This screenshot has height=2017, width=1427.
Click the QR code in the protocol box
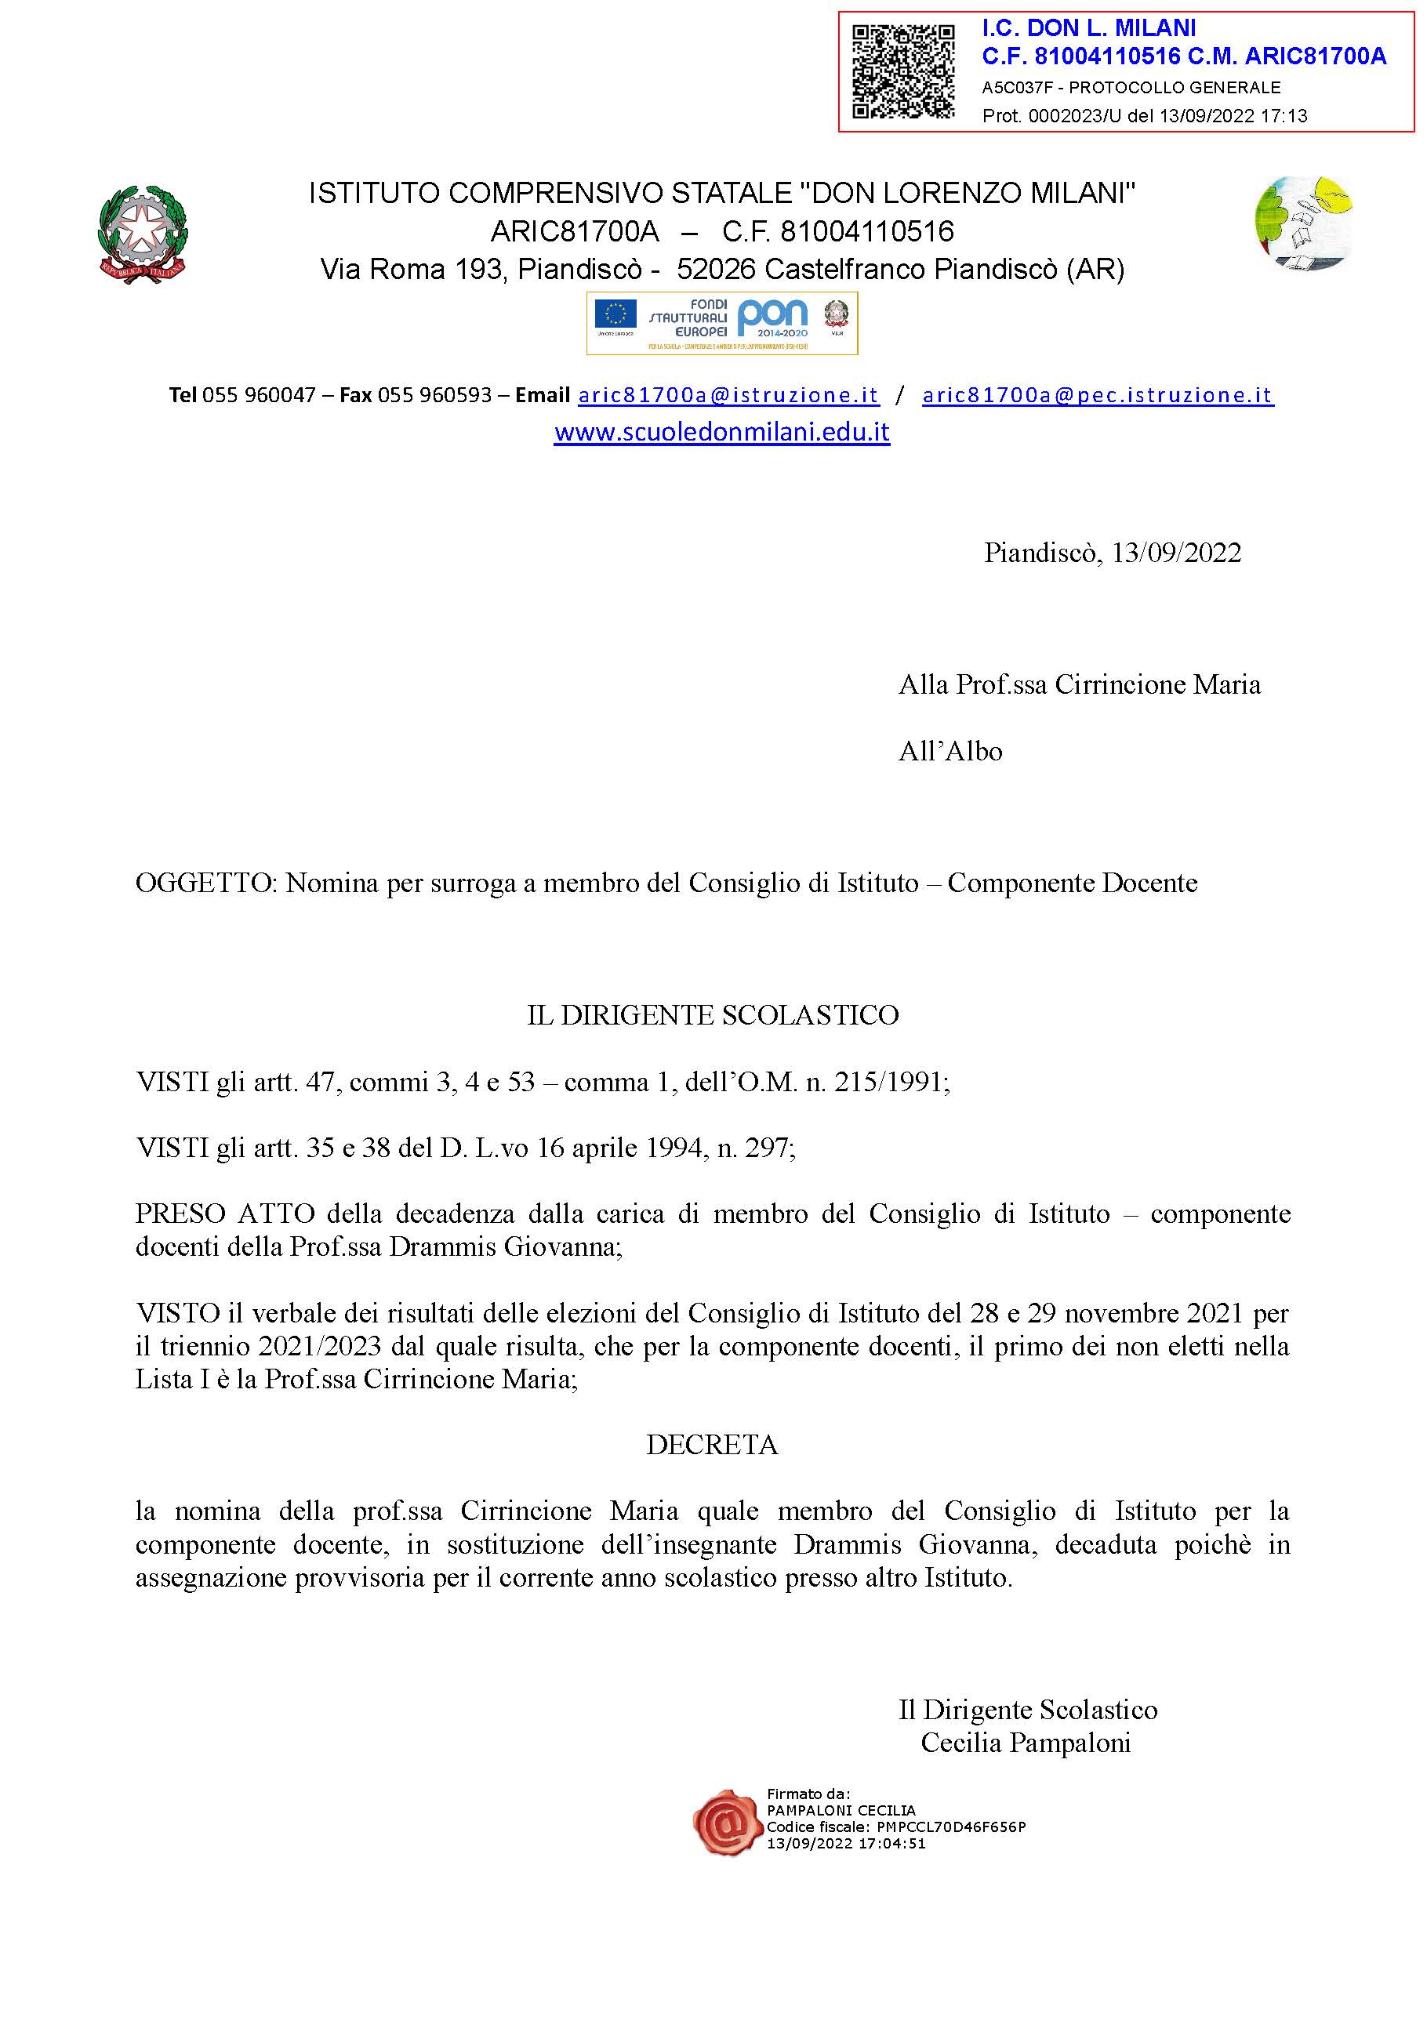[903, 71]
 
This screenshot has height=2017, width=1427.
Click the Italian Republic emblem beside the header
[143, 232]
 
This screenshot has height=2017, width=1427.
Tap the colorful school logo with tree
[1303, 223]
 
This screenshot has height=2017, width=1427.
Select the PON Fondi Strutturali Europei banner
[721, 323]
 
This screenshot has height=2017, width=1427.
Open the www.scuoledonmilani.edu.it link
[721, 432]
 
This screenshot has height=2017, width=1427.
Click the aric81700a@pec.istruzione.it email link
[1098, 395]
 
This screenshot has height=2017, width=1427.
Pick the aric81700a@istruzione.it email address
[728, 395]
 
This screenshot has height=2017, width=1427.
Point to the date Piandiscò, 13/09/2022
[1112, 553]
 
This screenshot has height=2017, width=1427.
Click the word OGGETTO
[205, 883]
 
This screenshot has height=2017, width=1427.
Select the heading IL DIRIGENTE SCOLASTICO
[713, 1014]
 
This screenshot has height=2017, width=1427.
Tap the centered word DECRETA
[712, 1445]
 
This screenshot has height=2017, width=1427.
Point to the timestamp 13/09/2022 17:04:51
[846, 1844]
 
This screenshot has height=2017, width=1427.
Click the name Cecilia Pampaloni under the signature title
[1026, 1743]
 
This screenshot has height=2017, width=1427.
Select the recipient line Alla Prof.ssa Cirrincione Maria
[1079, 685]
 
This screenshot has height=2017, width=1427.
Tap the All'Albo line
[950, 751]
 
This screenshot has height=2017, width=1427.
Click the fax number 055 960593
[434, 395]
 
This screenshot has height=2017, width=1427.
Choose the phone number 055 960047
[258, 395]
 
